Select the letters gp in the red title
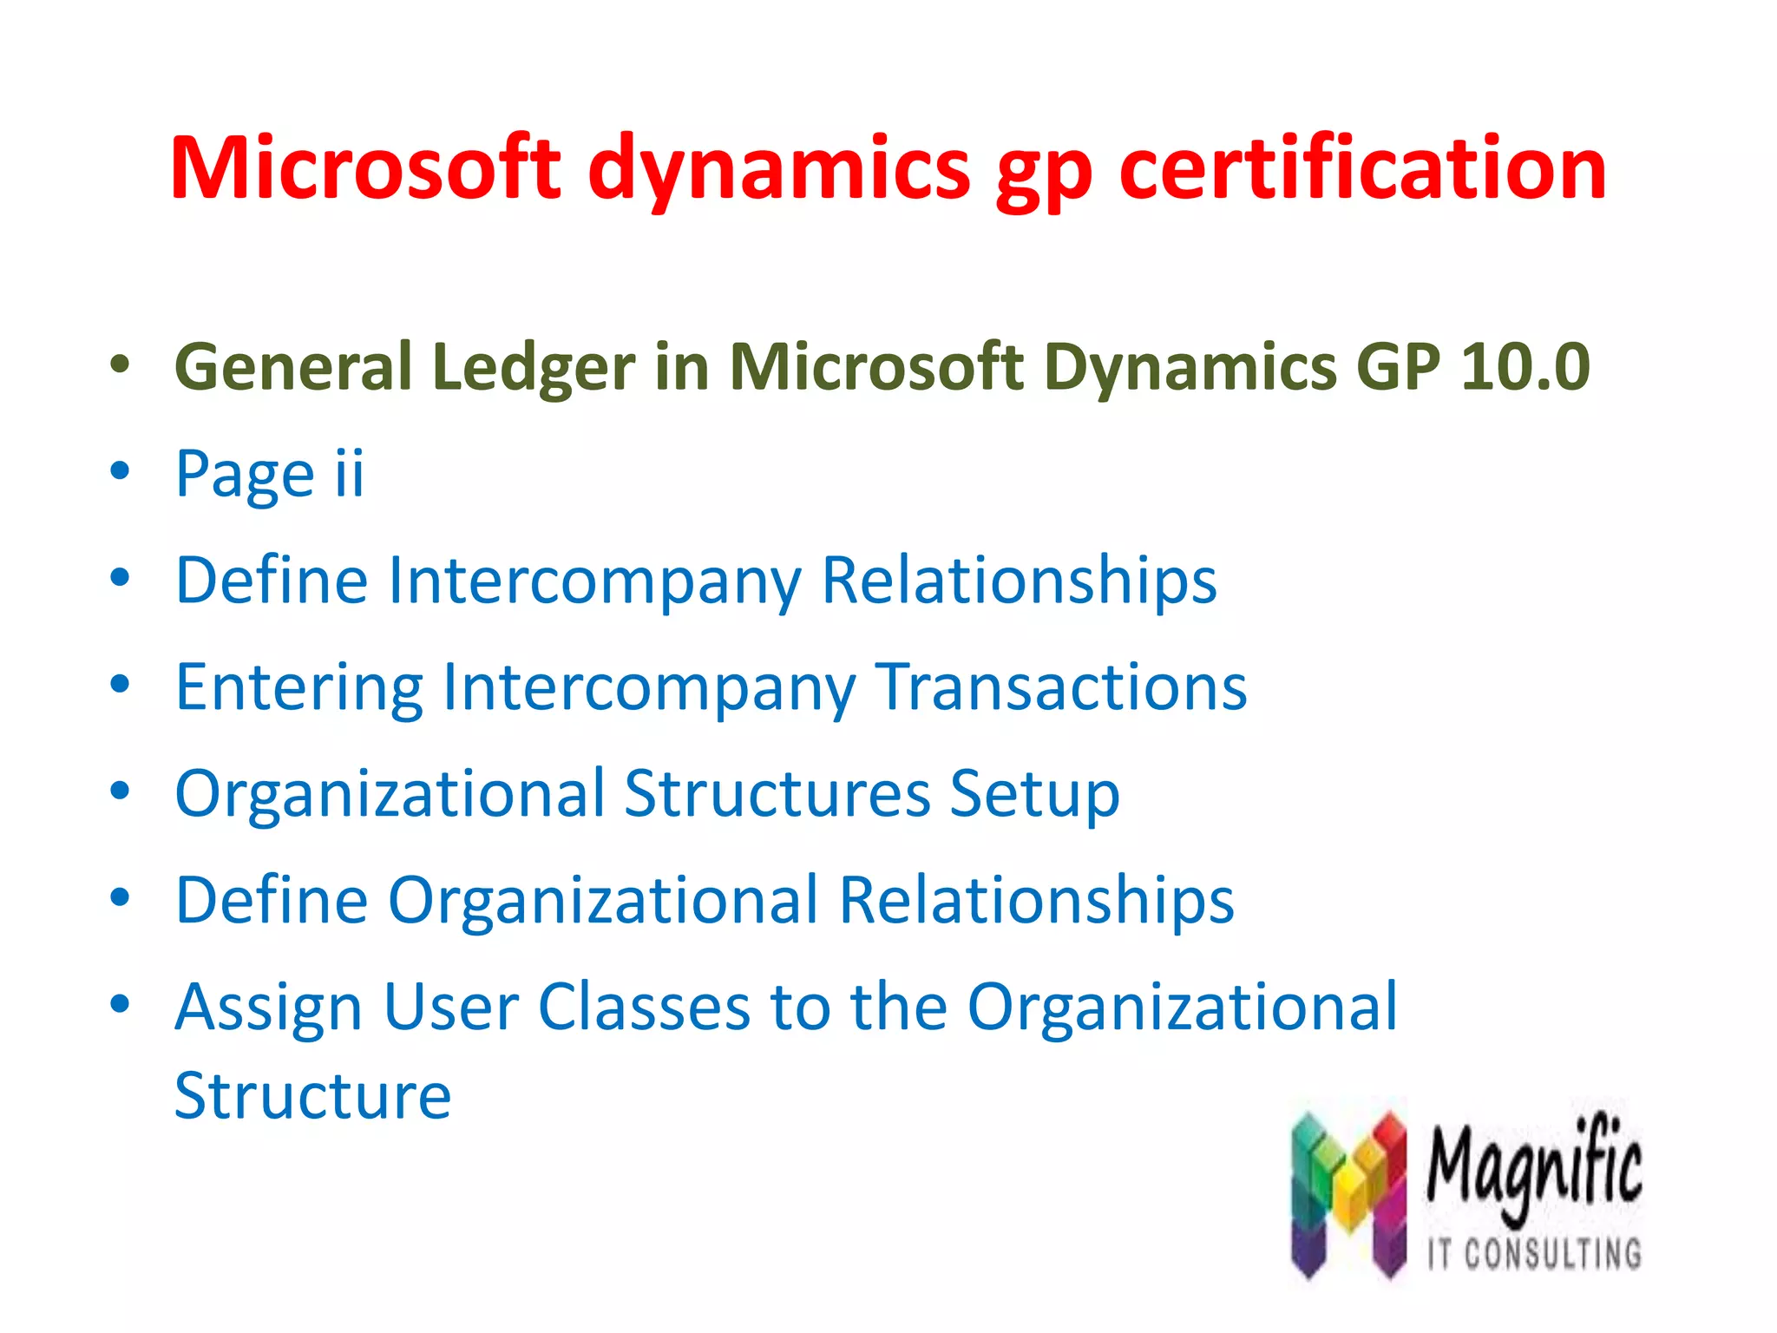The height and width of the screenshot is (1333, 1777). coord(1045,174)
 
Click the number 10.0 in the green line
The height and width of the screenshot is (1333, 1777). coord(1525,367)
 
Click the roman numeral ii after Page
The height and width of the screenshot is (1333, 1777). coord(350,473)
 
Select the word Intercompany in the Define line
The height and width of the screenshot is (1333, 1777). coord(595,581)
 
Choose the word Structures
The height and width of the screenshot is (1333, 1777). coord(777,793)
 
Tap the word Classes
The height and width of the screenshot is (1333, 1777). coord(644,1008)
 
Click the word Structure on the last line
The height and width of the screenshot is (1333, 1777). coord(312,1096)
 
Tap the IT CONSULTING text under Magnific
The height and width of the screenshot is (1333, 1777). coord(1534,1253)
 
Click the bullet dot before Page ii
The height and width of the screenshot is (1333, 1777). coord(120,472)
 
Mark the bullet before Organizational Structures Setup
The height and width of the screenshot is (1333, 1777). coord(120,791)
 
